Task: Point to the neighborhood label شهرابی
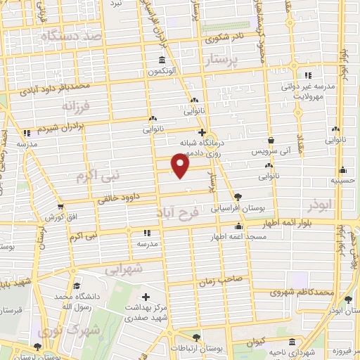point(124,269)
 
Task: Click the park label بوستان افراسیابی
point(237,208)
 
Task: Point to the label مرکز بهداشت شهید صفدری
point(146,312)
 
